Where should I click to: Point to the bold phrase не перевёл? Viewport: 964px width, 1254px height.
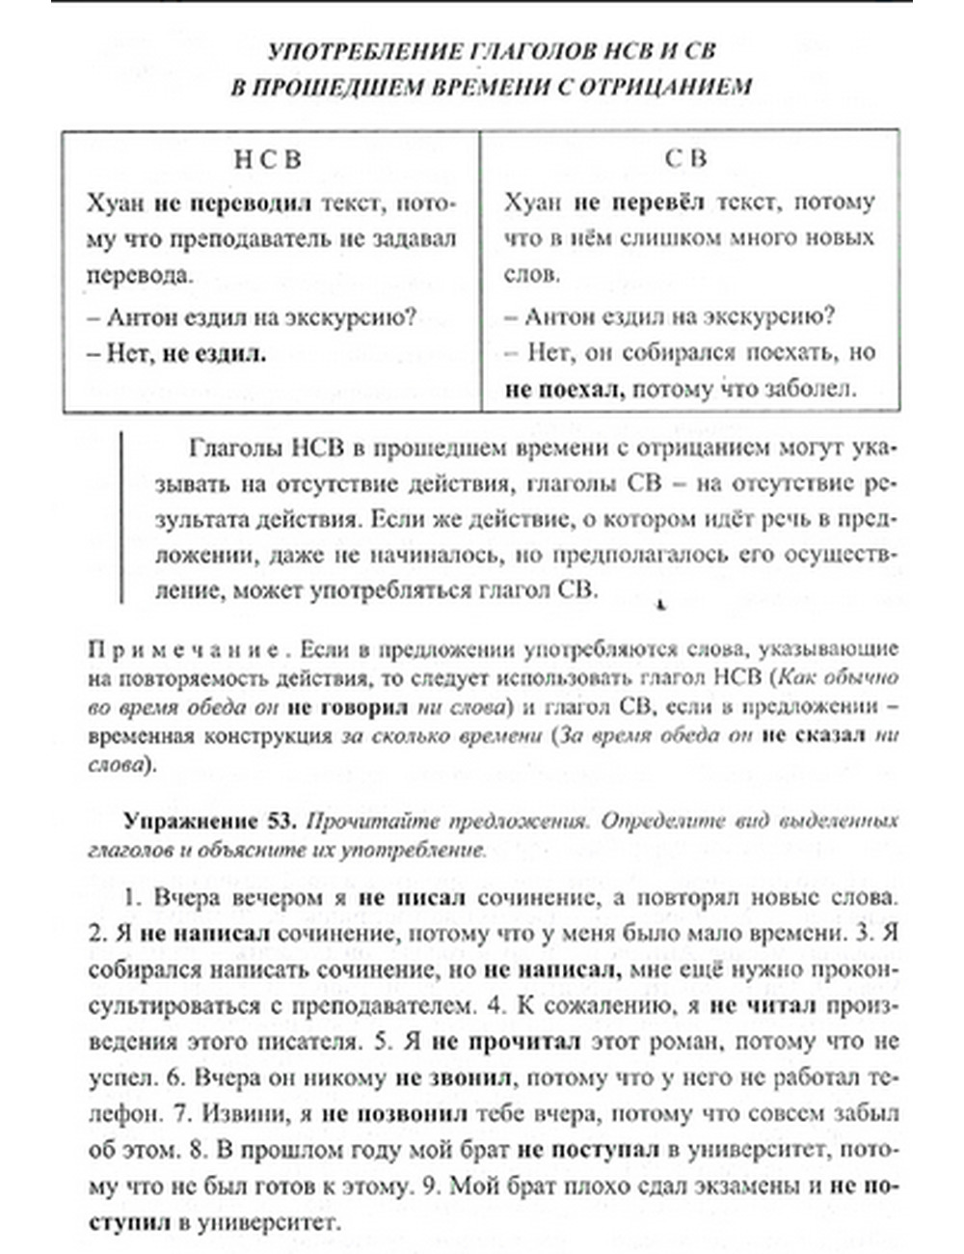pyautogui.click(x=639, y=204)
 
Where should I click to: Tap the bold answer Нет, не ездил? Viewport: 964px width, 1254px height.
pyautogui.click(x=176, y=353)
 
